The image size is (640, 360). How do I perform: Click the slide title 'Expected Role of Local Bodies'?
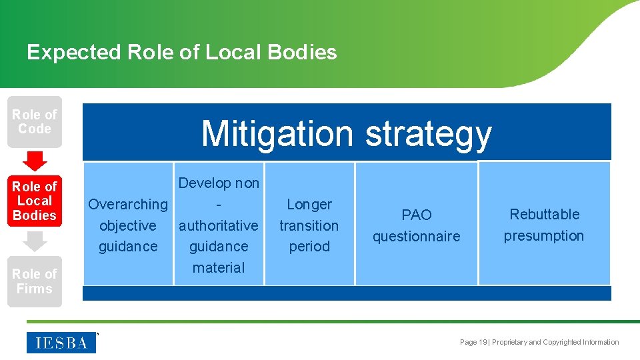click(x=181, y=52)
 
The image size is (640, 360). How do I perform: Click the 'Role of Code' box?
click(x=35, y=122)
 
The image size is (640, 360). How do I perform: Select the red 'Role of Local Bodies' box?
click(x=35, y=201)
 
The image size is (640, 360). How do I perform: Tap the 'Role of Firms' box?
click(x=35, y=281)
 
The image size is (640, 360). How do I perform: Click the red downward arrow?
click(x=35, y=161)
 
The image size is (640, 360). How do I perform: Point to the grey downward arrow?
click(x=35, y=241)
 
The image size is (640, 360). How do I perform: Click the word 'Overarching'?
click(x=128, y=205)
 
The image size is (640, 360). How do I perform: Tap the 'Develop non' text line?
click(x=219, y=183)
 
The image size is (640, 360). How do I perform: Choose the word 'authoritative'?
click(x=219, y=226)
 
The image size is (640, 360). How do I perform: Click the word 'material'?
click(x=219, y=268)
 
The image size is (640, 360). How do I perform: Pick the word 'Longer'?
click(x=309, y=205)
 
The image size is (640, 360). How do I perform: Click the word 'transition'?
click(x=309, y=226)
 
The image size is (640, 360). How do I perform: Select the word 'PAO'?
click(x=417, y=215)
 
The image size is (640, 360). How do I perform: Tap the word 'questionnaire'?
click(x=417, y=237)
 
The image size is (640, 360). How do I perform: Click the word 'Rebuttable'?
click(x=545, y=215)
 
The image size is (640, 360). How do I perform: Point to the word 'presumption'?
click(x=544, y=236)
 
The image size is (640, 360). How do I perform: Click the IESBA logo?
click(x=61, y=343)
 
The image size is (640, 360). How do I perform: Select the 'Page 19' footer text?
click(x=474, y=343)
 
